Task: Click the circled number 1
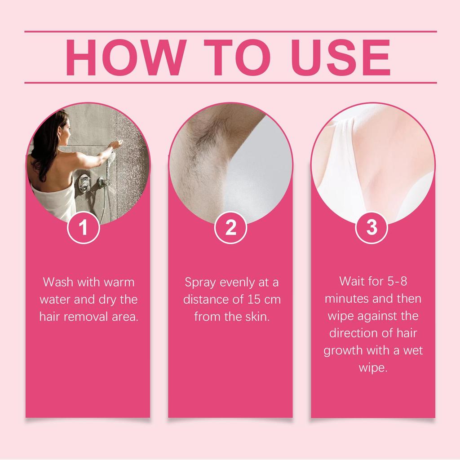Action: pyautogui.click(x=83, y=228)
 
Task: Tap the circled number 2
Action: pyautogui.click(x=230, y=228)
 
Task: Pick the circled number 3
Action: pyautogui.click(x=372, y=228)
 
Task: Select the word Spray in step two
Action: pyautogui.click(x=201, y=283)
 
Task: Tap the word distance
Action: pyautogui.click(x=204, y=300)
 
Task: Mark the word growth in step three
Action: pyautogui.click(x=344, y=350)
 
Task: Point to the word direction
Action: pyautogui.click(x=355, y=333)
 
